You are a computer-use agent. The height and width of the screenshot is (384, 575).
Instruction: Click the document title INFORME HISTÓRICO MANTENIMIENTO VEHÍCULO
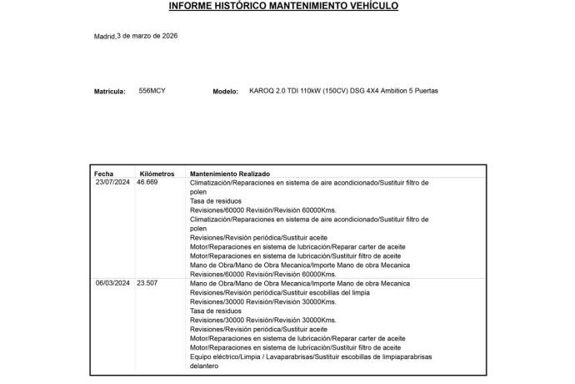[x=283, y=6]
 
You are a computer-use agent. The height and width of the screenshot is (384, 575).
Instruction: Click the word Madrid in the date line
[x=104, y=37]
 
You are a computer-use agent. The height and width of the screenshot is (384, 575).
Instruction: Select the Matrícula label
[x=109, y=91]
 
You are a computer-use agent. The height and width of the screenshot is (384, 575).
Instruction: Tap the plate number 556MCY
[x=152, y=90]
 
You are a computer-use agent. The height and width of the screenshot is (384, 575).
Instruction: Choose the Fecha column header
[x=103, y=174]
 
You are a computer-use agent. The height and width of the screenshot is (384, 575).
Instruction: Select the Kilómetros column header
[x=157, y=174]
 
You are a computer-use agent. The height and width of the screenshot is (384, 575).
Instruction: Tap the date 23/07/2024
[x=112, y=182]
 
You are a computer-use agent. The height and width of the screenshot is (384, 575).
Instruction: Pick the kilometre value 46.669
[x=147, y=182]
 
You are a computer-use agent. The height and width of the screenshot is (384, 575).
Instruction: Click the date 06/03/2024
[x=112, y=283]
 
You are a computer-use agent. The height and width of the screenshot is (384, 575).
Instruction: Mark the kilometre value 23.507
[x=147, y=283]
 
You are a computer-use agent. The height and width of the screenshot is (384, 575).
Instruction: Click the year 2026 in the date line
[x=169, y=36]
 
